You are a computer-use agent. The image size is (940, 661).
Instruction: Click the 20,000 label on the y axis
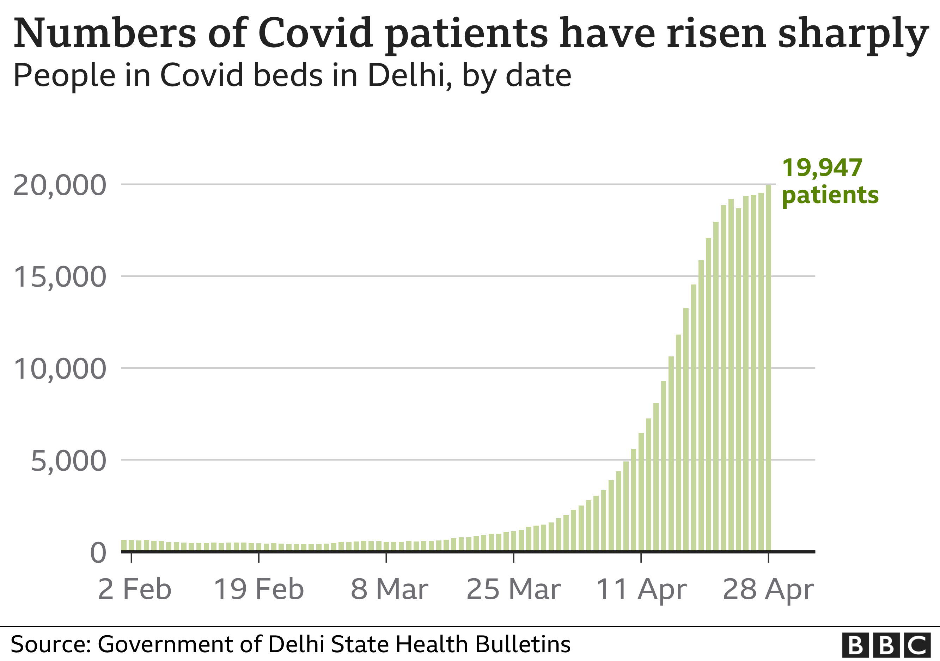[60, 185]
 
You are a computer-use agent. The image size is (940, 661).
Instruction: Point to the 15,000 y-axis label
[60, 277]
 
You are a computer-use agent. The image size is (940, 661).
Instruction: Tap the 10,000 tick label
[60, 369]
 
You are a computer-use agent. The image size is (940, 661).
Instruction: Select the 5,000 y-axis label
[68, 461]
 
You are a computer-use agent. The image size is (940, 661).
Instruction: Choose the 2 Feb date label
[135, 590]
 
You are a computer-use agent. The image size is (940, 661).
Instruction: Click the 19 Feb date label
[259, 590]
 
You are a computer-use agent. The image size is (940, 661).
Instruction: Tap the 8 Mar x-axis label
[389, 590]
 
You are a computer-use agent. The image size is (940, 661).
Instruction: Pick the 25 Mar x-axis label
[513, 590]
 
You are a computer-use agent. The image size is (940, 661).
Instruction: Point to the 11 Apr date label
[641, 590]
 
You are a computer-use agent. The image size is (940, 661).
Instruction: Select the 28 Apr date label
[768, 590]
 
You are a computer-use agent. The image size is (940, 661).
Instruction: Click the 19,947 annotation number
[822, 168]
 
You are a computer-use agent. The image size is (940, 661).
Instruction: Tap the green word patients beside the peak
[830, 195]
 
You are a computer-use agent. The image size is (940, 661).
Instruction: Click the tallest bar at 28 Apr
[768, 368]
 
